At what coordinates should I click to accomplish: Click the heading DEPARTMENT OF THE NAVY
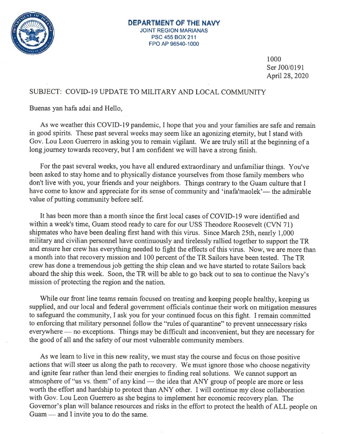[174, 23]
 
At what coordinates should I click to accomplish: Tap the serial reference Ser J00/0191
[288, 68]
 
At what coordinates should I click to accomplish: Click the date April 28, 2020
[288, 76]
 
